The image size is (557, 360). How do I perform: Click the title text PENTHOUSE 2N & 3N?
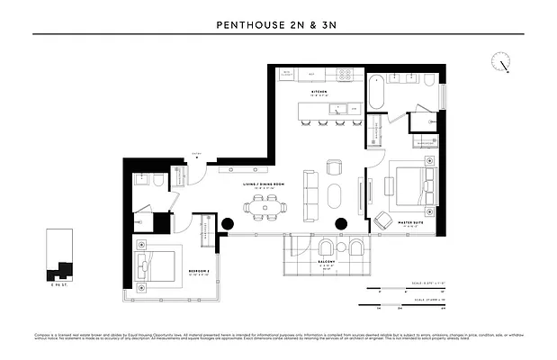click(x=278, y=25)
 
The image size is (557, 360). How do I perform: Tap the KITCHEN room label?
click(x=319, y=92)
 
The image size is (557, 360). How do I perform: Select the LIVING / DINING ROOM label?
click(x=264, y=184)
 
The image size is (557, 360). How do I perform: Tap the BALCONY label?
click(x=328, y=263)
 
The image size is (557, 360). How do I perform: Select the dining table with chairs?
click(x=265, y=207)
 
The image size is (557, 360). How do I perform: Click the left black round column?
click(x=228, y=223)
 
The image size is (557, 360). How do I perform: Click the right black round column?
click(x=341, y=223)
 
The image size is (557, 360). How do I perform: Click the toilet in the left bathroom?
click(x=157, y=183)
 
